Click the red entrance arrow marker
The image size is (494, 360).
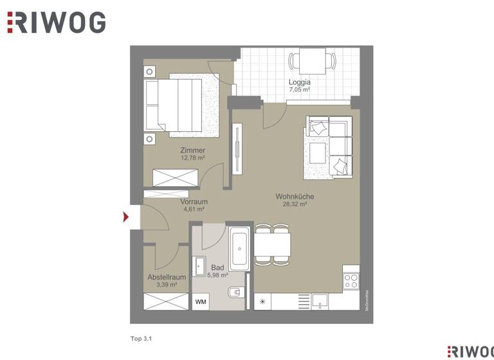pos(126,217)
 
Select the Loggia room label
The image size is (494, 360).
pos(300,82)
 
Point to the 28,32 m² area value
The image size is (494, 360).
pos(295,204)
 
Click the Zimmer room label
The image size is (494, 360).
pos(193,150)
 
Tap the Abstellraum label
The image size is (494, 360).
pos(167,277)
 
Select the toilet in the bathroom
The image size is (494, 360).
pos(236,292)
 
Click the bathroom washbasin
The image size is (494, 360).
pos(199,265)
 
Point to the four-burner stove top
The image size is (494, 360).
pos(351,280)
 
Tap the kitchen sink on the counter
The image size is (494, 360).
pos(320,300)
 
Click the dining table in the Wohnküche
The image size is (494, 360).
pos(272,244)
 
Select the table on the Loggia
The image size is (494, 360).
pos(312,62)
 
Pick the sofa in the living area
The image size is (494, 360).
pos(330,146)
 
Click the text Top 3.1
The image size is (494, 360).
pos(141,337)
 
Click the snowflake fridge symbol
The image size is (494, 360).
pos(262,301)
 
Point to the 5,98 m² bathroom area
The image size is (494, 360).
pos(218,274)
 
